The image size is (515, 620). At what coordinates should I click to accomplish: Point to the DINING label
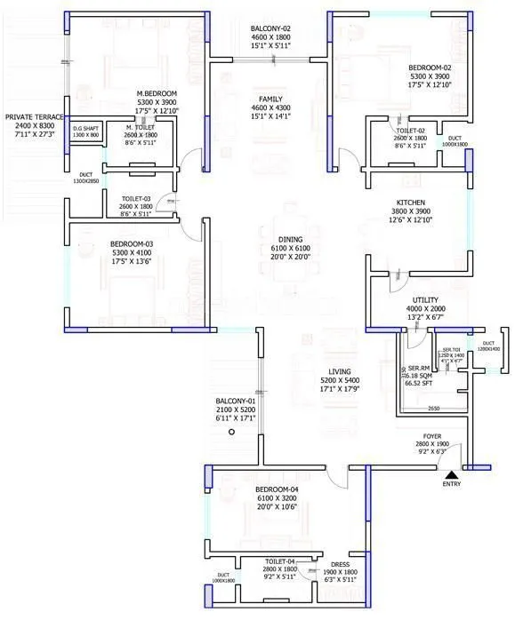tap(290, 240)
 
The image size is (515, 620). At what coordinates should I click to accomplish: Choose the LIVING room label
tap(339, 371)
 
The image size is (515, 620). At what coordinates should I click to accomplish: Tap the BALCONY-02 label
tap(270, 29)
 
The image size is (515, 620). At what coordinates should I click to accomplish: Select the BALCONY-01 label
tap(236, 401)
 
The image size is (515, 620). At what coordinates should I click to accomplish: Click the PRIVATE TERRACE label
tap(34, 116)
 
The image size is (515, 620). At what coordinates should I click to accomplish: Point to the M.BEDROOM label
tap(157, 93)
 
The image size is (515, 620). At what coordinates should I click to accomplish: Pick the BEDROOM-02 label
tap(431, 68)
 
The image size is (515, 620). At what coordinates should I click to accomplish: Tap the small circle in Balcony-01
tap(230, 432)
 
